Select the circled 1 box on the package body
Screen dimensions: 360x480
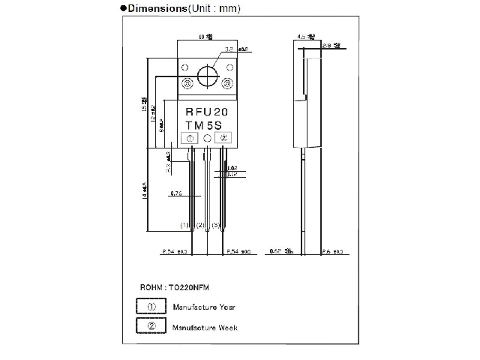[190, 138]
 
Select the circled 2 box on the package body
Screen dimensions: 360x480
[223, 138]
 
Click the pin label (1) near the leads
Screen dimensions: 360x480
[184, 225]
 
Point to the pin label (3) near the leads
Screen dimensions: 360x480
[215, 225]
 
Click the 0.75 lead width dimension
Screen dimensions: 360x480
[176, 193]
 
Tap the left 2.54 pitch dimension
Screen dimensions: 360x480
[172, 251]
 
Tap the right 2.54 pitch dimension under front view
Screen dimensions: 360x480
[238, 251]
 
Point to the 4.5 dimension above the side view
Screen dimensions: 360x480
[303, 35]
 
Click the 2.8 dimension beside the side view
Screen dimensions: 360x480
[330, 46]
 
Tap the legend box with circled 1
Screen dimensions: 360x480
[151, 307]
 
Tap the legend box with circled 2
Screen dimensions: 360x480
[151, 326]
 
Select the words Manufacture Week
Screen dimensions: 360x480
[205, 327]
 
